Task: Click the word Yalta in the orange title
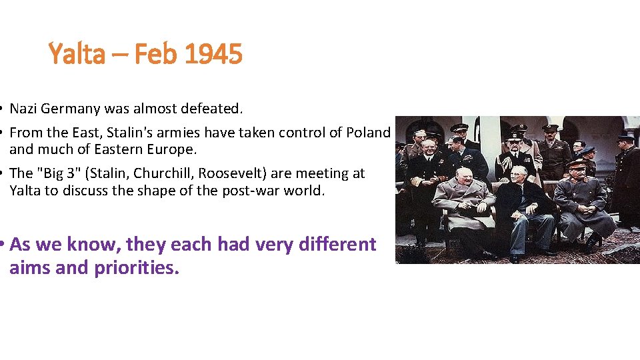(75, 53)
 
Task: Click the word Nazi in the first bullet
(24, 108)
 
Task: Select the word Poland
(368, 132)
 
